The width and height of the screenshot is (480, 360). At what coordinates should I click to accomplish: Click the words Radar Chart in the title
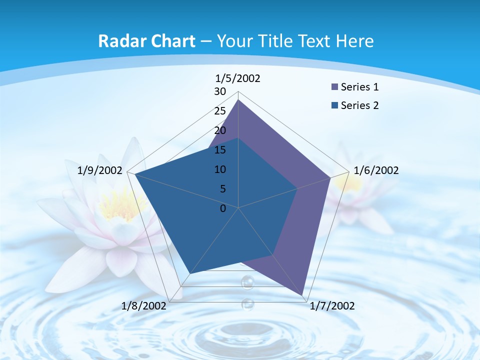point(146,41)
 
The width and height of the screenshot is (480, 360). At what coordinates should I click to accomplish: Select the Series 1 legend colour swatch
point(334,87)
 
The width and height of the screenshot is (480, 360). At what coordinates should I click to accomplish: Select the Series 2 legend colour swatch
point(334,105)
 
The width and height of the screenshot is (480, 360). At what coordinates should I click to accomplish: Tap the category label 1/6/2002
point(376,170)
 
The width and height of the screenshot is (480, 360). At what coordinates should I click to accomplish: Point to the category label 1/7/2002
point(332,306)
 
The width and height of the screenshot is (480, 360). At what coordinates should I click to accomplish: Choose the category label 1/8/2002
point(144,306)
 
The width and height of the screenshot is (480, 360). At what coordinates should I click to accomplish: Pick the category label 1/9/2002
point(100,170)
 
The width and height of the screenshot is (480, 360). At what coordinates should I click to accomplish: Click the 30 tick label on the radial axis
point(220,91)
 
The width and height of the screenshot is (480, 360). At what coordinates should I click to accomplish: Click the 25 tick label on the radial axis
point(220,111)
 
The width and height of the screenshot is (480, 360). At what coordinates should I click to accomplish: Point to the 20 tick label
point(220,130)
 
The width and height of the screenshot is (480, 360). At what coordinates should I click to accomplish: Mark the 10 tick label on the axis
point(220,169)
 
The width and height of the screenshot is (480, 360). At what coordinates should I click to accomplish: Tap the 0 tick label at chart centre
point(223,208)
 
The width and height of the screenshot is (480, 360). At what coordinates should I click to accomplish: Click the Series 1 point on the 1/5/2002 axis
point(238,100)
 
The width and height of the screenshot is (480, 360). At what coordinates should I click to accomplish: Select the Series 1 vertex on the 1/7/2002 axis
point(303,295)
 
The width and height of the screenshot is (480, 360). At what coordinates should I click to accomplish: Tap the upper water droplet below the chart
point(247,282)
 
